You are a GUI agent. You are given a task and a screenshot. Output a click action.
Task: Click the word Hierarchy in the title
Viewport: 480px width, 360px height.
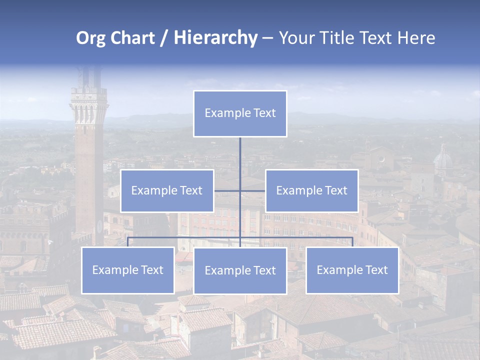click(x=215, y=38)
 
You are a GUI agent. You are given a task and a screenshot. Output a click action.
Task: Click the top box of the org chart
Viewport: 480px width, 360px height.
click(x=240, y=113)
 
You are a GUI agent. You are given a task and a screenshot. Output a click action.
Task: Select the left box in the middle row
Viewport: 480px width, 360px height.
click(x=167, y=190)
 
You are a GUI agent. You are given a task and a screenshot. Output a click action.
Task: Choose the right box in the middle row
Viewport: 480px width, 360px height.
click(x=311, y=190)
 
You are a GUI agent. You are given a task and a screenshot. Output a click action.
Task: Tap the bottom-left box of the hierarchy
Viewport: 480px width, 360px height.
click(x=127, y=270)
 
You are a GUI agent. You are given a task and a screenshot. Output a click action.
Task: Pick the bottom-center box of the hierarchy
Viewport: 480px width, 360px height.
click(x=240, y=270)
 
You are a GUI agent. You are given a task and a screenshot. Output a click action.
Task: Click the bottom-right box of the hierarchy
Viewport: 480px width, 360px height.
click(x=352, y=270)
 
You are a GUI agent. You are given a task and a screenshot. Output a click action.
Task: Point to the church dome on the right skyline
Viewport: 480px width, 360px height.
click(x=443, y=160)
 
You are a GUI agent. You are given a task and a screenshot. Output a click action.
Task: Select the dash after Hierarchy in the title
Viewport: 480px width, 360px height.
click(x=267, y=38)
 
